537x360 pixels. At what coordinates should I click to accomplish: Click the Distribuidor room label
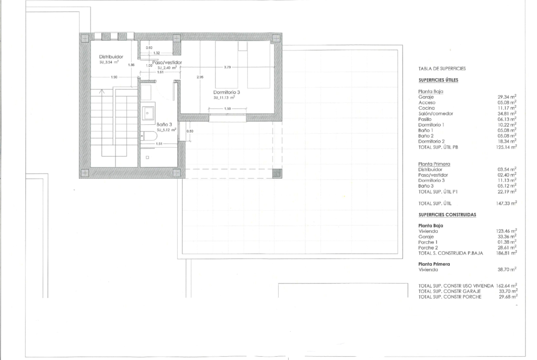pos(111,57)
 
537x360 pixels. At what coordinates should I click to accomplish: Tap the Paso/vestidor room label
pos(167,63)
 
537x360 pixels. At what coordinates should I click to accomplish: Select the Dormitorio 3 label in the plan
pos(226,92)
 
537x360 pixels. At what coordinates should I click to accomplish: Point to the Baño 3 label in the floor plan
pos(164,125)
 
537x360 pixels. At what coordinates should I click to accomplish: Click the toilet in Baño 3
pos(149,136)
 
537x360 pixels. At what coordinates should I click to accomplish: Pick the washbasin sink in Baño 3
pos(148,113)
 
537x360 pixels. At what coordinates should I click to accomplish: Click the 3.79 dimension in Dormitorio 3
pos(227,67)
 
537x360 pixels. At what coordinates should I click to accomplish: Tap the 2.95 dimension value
pos(200,77)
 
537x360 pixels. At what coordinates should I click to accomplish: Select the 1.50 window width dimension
pos(227,109)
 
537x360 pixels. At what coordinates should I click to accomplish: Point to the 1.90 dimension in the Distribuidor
pos(114,77)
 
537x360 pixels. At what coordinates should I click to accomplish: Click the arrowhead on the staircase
pos(102,91)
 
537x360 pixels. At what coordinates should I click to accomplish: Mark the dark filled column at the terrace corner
pos(277,173)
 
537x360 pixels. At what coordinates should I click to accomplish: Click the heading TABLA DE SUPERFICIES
pos(442,68)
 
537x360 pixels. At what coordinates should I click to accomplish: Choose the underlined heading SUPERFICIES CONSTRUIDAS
pos(447,215)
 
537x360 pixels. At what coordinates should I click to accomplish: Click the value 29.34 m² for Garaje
pos(507,97)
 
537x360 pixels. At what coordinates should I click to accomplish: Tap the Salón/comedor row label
pos(436,114)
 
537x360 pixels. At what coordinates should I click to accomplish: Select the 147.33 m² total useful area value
pos(506,203)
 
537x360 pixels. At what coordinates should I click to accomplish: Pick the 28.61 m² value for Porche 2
pos(507,248)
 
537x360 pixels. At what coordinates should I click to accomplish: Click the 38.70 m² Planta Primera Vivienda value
pos(507,270)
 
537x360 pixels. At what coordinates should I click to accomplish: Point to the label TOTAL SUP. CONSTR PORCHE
pos(450,297)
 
